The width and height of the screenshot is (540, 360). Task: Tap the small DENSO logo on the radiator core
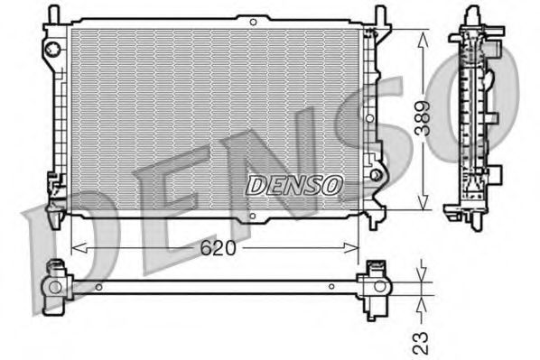293,184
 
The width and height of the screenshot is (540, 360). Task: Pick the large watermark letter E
158,213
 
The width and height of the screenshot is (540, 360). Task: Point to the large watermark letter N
271,162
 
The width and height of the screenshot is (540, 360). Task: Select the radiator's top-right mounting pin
379,15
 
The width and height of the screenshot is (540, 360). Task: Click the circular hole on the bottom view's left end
55,287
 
